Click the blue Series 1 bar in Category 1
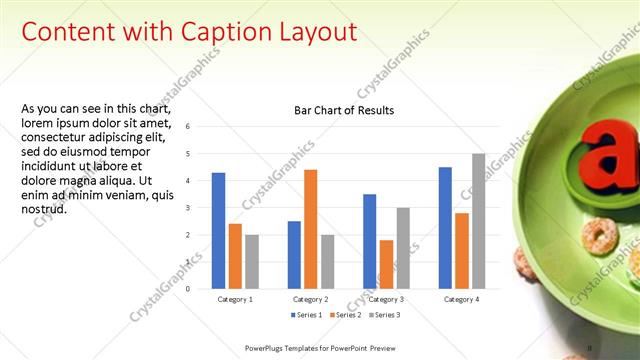tap(218, 231)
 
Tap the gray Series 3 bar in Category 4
tap(478, 221)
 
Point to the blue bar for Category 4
tap(445, 228)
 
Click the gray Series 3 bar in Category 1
tap(251, 262)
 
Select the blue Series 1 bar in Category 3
tap(369, 241)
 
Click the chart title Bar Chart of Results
tap(344, 110)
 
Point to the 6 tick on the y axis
tap(188, 127)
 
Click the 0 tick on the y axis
tap(188, 289)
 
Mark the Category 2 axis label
tap(310, 299)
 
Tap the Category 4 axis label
tap(461, 299)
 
